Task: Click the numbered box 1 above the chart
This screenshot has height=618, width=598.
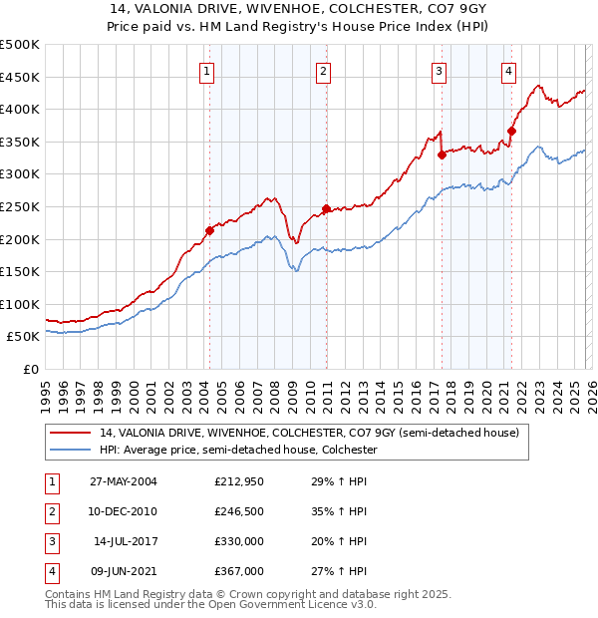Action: click(x=206, y=71)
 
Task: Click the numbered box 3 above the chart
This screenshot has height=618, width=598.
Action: click(x=439, y=71)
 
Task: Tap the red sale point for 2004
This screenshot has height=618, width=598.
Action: click(x=209, y=230)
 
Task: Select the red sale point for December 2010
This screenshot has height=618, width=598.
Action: click(x=326, y=208)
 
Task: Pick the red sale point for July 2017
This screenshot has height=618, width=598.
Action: click(x=442, y=154)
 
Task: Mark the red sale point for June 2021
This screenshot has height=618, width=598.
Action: click(x=511, y=131)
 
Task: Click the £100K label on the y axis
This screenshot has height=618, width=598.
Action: click(x=22, y=304)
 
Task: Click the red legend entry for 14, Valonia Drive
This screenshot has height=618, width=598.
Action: click(x=295, y=433)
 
